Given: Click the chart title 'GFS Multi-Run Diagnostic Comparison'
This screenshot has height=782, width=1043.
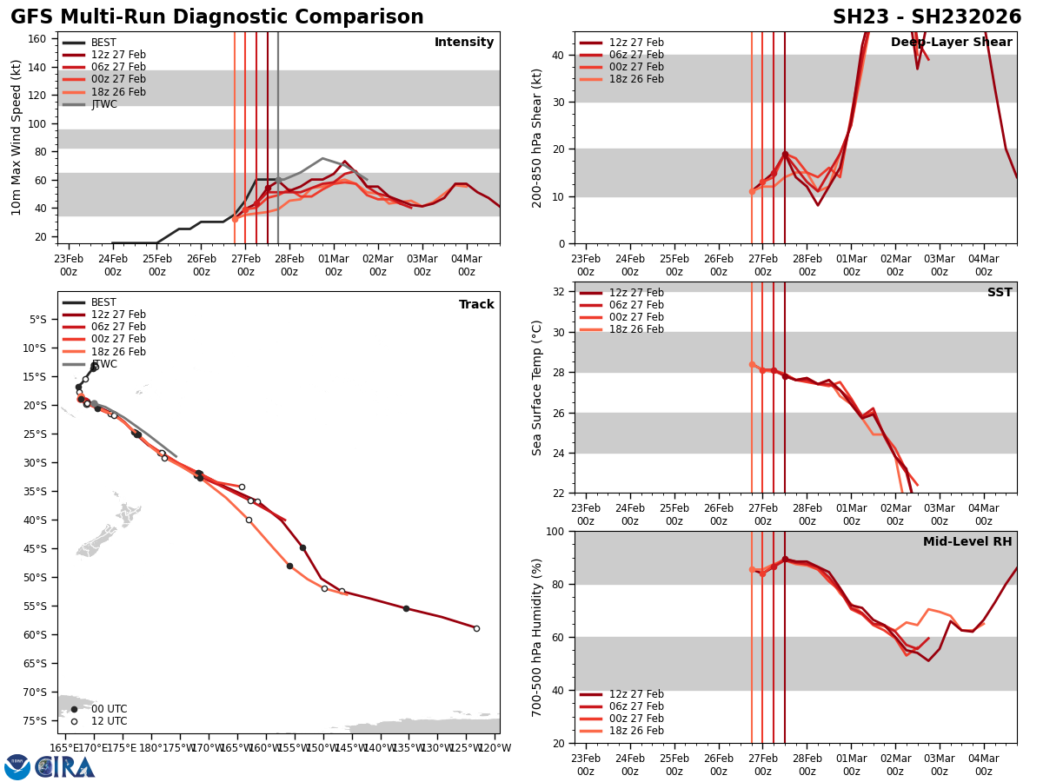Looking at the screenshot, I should point(217,17).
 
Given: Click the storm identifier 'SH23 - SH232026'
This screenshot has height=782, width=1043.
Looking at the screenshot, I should point(927,17).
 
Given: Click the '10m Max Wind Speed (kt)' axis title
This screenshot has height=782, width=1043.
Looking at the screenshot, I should point(17,137).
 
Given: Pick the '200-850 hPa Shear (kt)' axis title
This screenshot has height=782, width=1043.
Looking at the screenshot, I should point(537,137).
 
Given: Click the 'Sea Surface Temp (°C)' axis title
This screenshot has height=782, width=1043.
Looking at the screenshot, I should point(537,388).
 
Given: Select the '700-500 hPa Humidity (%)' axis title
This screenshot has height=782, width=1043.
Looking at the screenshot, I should point(537,637).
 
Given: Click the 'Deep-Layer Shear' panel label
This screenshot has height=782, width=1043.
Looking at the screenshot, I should point(951,43).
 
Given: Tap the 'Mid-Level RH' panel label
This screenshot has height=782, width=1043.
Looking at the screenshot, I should point(967,542).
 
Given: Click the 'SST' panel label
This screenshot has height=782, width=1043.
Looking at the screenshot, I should point(1000,293).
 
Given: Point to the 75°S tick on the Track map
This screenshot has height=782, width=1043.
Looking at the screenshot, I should point(37,720).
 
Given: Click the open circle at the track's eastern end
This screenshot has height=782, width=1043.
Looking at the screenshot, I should point(476,628).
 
